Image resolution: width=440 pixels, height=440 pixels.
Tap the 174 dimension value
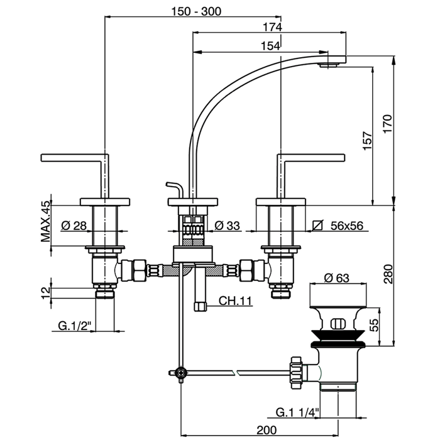272,27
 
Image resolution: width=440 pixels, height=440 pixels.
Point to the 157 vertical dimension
368,140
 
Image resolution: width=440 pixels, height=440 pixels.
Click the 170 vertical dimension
388,122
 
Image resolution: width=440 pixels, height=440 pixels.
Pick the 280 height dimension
388,275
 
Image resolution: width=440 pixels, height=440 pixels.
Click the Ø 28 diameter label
75,225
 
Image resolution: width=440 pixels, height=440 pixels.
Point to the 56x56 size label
347,225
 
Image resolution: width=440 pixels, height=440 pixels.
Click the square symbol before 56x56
317,225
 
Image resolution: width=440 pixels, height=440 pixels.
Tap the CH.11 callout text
235,301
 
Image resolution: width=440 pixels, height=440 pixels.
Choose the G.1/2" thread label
75,326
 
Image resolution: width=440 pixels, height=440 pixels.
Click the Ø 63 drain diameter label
337,277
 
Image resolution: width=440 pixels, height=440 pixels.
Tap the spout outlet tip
332,63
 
